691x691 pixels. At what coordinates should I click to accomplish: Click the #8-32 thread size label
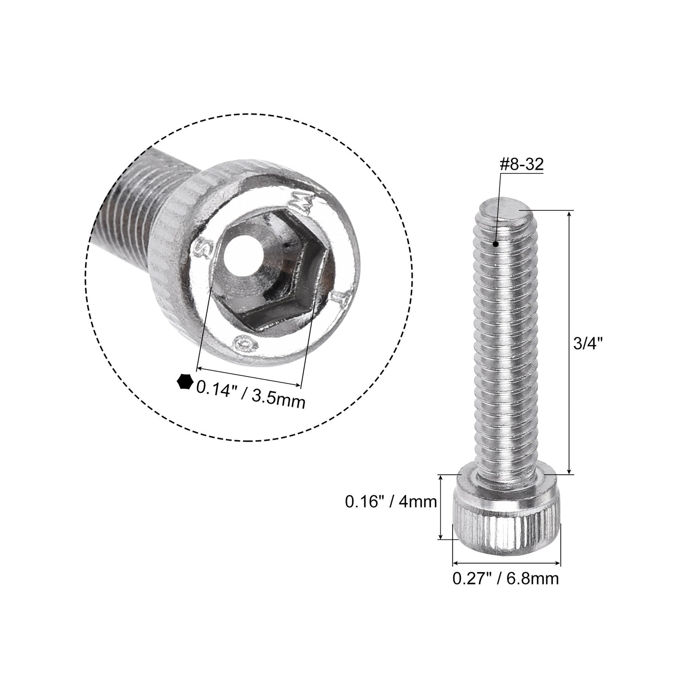[522, 165]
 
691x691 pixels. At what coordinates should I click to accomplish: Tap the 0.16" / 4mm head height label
[390, 502]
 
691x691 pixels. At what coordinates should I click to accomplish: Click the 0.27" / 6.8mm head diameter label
[506, 578]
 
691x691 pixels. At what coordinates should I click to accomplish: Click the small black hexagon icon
[185, 382]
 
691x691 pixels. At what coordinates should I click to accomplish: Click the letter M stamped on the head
[307, 202]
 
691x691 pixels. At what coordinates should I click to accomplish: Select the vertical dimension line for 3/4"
[570, 343]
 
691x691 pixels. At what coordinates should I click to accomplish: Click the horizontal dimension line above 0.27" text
[506, 563]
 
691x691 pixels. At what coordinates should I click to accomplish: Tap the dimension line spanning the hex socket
[249, 377]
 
